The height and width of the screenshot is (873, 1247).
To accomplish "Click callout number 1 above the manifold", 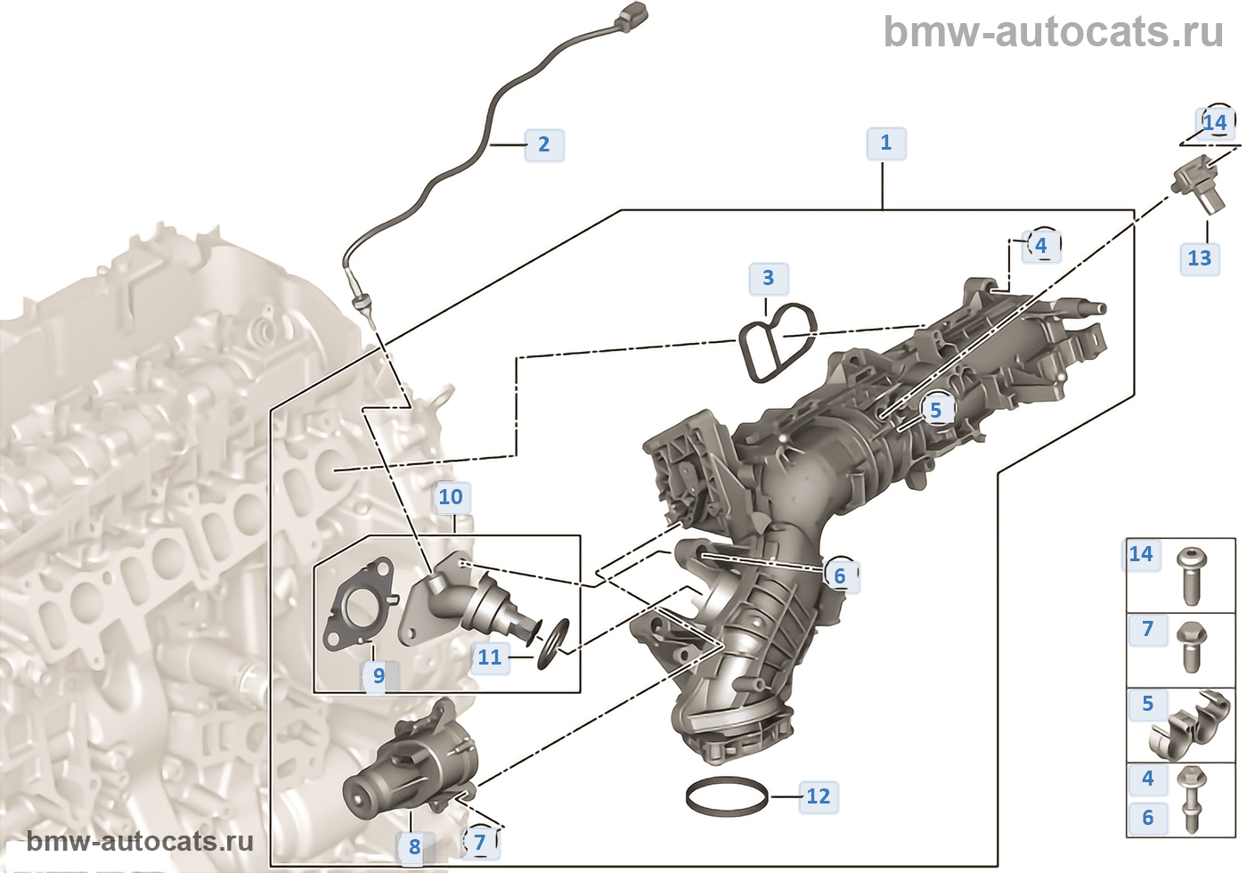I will point(885,143).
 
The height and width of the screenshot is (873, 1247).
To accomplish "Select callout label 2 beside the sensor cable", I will point(543,144).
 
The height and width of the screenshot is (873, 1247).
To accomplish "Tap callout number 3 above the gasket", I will point(768,279).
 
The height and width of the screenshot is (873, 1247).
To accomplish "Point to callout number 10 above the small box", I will point(451,497).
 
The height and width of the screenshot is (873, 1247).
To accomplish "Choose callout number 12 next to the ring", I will point(818,796).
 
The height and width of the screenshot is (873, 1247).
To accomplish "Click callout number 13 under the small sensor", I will point(1199,258).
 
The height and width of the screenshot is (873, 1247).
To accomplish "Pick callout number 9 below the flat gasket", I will point(379,676).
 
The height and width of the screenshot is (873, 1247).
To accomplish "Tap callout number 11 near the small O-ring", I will point(489,657).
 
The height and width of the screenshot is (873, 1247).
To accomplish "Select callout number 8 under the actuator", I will point(414,847).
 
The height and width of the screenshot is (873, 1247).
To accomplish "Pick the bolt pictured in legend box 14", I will point(1191,575).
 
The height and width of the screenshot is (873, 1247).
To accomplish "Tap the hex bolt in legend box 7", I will point(1191,647).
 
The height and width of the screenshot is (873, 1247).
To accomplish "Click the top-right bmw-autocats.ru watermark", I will point(1053,32).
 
